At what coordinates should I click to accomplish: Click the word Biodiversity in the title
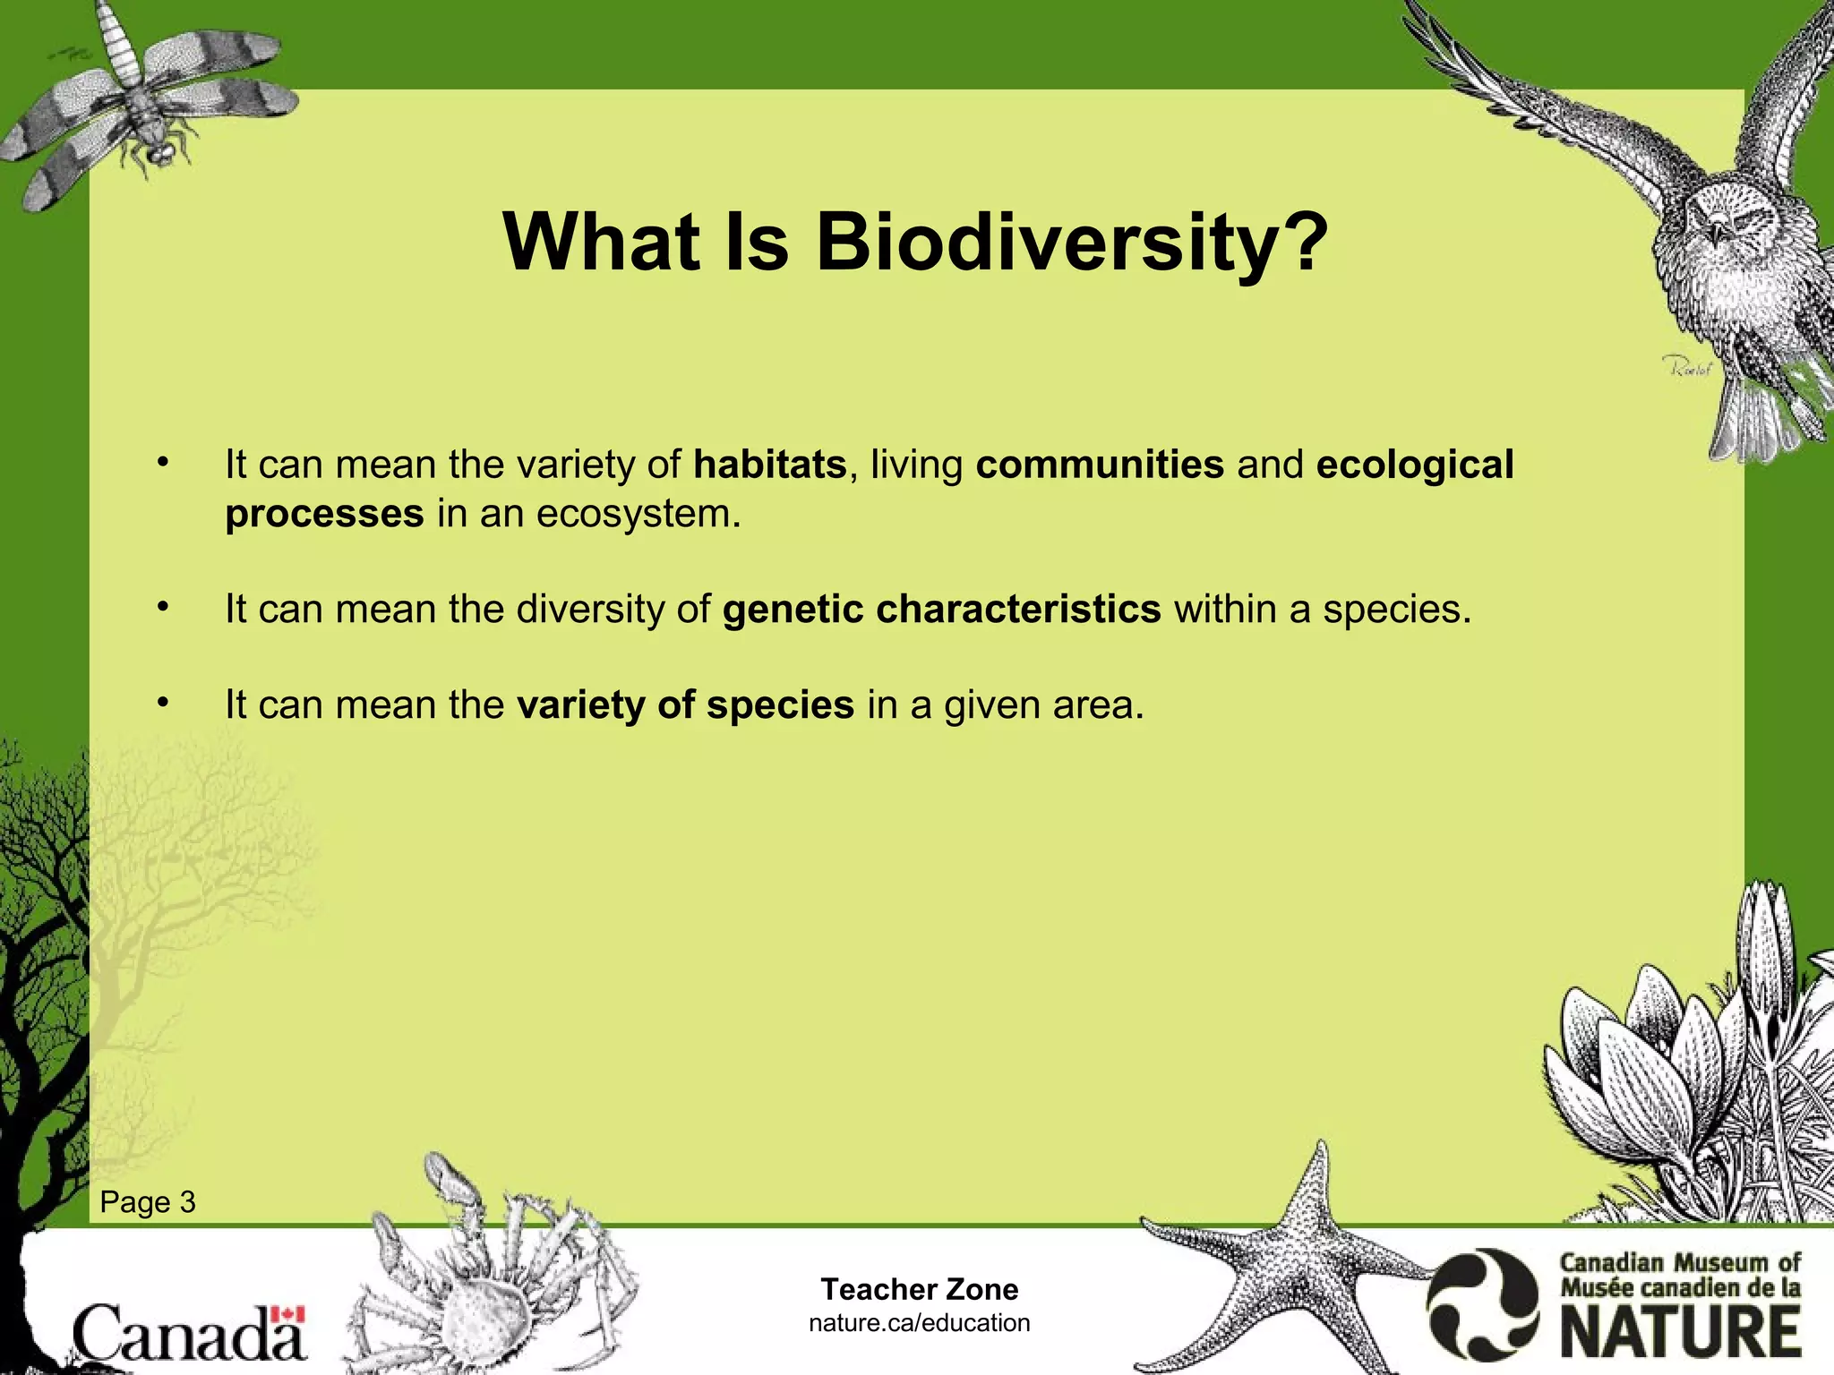click(1071, 243)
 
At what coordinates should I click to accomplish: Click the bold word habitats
click(770, 465)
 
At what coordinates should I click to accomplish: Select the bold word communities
click(1100, 465)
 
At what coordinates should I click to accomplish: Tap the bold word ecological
click(1415, 465)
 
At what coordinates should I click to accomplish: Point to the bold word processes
click(324, 514)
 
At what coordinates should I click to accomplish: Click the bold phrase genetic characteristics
click(941, 610)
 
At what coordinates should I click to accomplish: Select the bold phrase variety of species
click(685, 705)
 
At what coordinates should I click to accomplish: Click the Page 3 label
click(148, 1202)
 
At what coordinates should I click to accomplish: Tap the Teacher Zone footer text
click(920, 1289)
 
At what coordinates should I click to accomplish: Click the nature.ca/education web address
click(920, 1323)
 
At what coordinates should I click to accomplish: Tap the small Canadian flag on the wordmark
click(288, 1314)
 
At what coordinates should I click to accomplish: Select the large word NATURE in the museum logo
click(1682, 1332)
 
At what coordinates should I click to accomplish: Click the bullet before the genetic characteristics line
click(162, 608)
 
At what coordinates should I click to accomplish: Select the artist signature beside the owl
click(1686, 366)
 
